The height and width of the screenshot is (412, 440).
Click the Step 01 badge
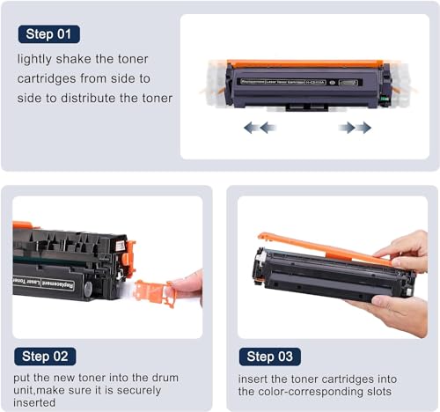[x=48, y=34]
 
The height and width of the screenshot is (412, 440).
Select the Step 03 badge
[x=270, y=357]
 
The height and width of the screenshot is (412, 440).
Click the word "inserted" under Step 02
[x=35, y=402]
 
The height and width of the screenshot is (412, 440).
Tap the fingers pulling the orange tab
[x=187, y=284]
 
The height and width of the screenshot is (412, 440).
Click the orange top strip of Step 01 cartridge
[x=304, y=63]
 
